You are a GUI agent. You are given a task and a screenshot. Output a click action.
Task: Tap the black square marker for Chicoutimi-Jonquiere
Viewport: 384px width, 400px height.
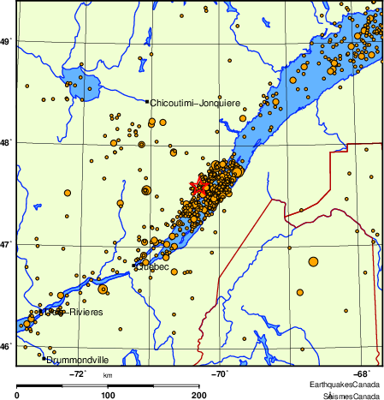click(147, 103)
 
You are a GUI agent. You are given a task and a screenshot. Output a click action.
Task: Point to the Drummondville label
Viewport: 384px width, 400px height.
click(80, 361)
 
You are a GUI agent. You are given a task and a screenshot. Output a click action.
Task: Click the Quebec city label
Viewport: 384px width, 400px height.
click(152, 267)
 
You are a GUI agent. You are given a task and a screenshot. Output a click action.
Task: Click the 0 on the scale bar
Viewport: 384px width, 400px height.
click(18, 395)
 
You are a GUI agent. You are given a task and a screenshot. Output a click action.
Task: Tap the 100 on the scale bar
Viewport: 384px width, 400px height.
click(109, 395)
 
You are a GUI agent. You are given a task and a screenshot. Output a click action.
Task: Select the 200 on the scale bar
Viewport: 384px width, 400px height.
click(199, 395)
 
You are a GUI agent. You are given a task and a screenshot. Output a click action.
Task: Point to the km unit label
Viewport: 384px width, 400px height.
click(108, 375)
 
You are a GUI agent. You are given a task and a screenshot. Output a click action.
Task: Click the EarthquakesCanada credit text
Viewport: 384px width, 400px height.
click(346, 385)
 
